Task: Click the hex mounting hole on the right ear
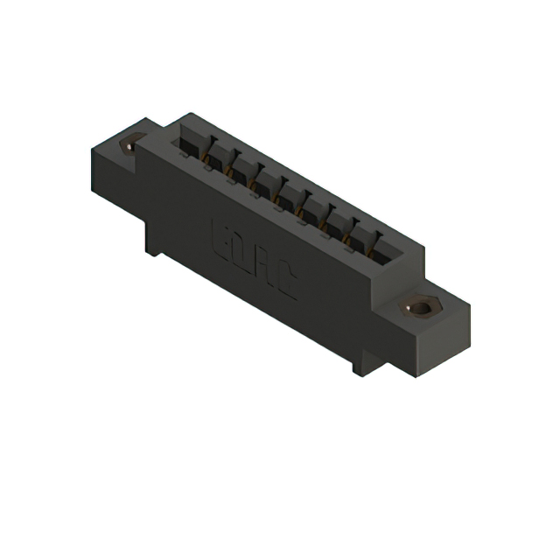point(423,307)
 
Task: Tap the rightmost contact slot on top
point(382,253)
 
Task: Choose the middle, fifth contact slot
point(288,197)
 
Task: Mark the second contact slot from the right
point(359,239)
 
